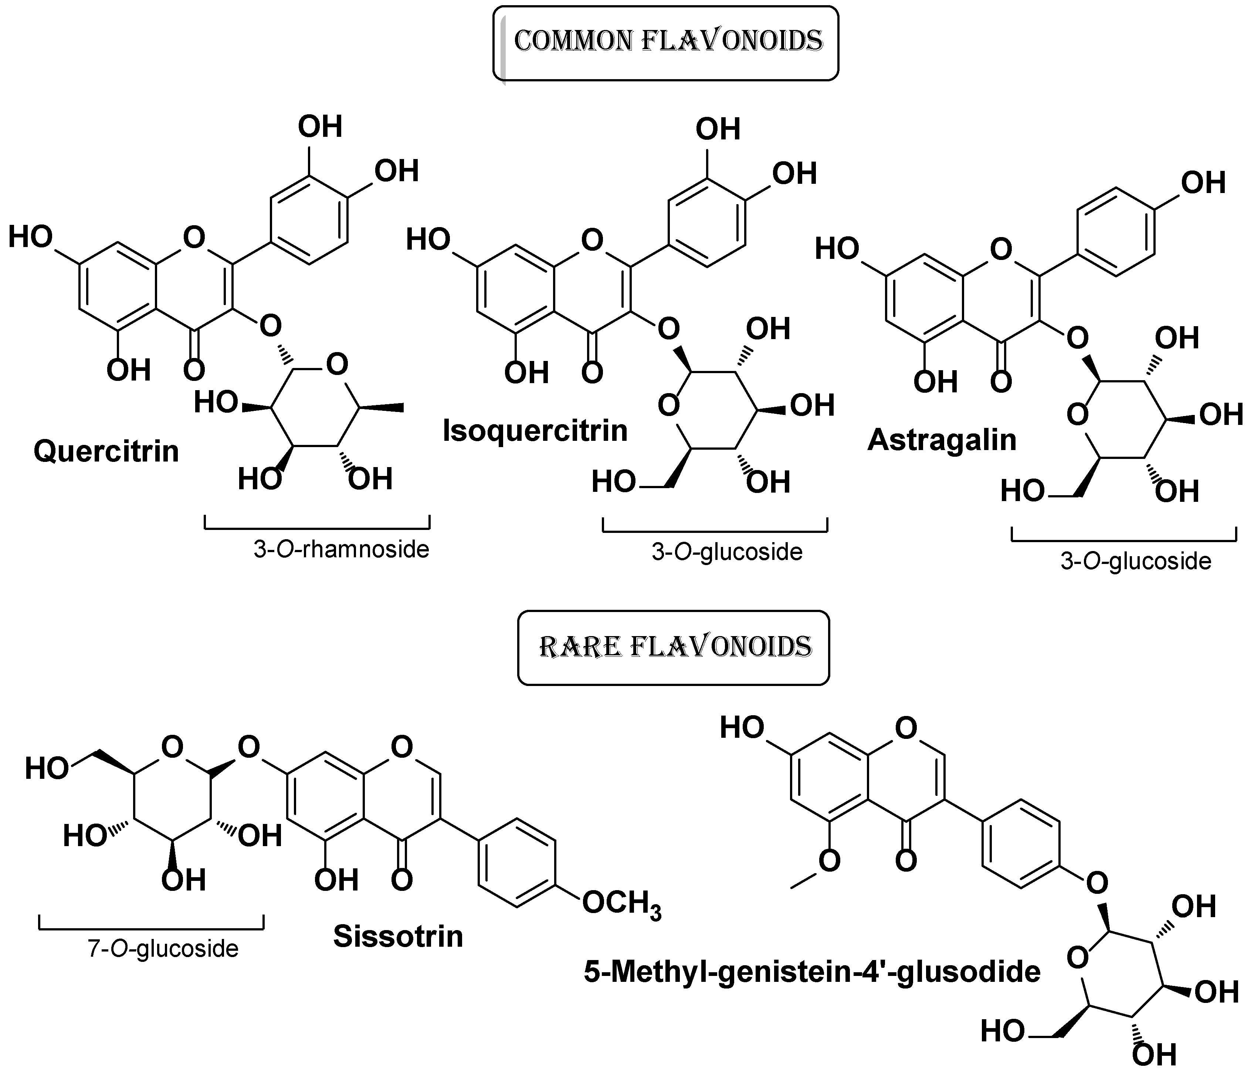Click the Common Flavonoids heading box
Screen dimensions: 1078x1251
pyautogui.click(x=665, y=42)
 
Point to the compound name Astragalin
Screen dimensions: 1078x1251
pyautogui.click(x=942, y=440)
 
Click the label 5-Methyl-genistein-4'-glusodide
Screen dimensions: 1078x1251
pyautogui.click(x=812, y=972)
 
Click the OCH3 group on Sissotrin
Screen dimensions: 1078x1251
pyautogui.click(x=622, y=904)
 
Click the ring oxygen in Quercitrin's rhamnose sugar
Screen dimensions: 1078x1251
pyautogui.click(x=337, y=365)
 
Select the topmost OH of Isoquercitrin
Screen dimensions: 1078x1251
pyautogui.click(x=718, y=129)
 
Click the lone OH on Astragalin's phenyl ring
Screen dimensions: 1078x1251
pyautogui.click(x=1203, y=183)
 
